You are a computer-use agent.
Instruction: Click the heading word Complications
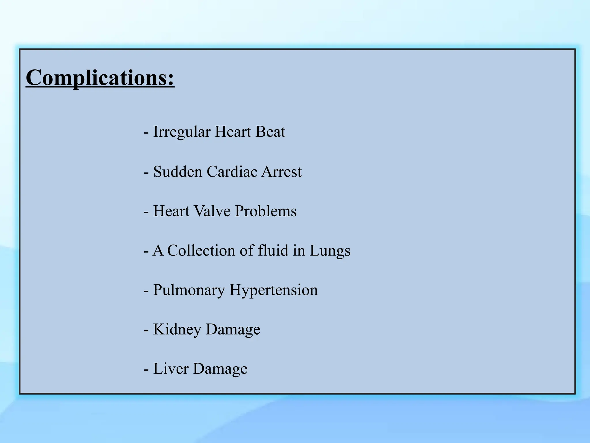[x=97, y=78]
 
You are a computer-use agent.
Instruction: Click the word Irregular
[x=182, y=132]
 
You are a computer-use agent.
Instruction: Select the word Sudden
[x=178, y=172]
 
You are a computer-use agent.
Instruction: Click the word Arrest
[x=281, y=172]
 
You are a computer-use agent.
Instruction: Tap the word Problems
[x=266, y=211]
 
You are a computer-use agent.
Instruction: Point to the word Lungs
[x=330, y=250]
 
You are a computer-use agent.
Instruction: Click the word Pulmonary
[x=189, y=290]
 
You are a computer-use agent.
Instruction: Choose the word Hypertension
[x=273, y=290]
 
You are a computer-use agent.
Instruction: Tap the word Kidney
[x=177, y=329]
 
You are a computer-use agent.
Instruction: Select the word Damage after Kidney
[x=233, y=329]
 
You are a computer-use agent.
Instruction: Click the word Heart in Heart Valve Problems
[x=171, y=211]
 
